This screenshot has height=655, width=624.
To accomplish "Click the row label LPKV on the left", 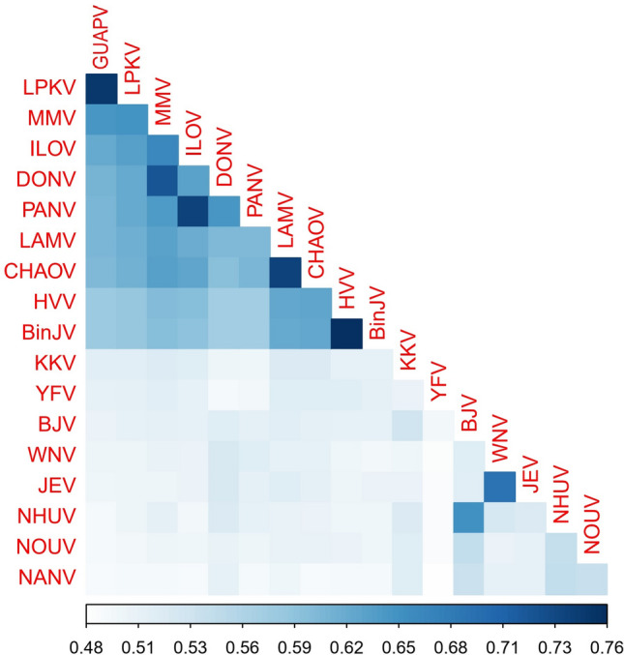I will pyautogui.click(x=45, y=89).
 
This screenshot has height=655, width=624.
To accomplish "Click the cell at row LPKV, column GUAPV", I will pyautogui.click(x=101, y=89).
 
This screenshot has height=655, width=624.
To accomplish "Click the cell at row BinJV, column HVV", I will pyautogui.click(x=345, y=334).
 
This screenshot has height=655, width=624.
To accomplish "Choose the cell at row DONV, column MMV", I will pyautogui.click(x=162, y=181).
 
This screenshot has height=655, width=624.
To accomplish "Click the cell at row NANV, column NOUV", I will pyautogui.click(x=591, y=579).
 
